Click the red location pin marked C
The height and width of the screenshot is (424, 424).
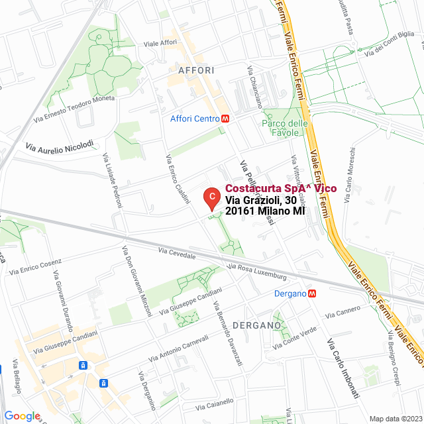[x=211, y=197]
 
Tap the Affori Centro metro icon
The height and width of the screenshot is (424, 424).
[x=226, y=119]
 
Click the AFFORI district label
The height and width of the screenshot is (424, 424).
[x=196, y=70]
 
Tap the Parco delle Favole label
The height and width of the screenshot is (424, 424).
[x=285, y=127]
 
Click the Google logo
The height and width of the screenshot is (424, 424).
[x=22, y=416]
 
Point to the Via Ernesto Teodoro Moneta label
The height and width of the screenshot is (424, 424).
[x=74, y=108]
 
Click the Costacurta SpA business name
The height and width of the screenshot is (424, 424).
[x=280, y=188]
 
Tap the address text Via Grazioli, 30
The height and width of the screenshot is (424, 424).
[x=260, y=199]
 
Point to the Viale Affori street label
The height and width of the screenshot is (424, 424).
[x=160, y=43]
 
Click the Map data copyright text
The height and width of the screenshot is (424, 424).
[x=396, y=418]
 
